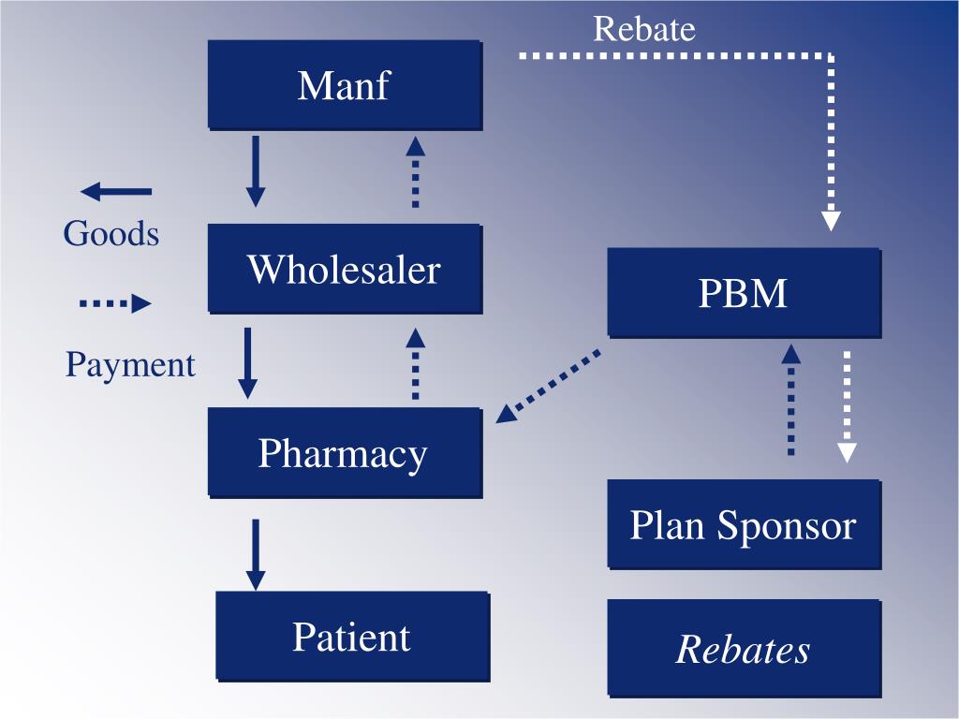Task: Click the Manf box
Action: (x=344, y=84)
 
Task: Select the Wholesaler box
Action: (x=344, y=269)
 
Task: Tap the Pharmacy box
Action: (x=344, y=452)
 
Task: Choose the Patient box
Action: (x=351, y=636)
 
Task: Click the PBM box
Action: (x=744, y=292)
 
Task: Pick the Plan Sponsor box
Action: (x=744, y=524)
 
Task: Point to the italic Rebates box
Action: (x=744, y=648)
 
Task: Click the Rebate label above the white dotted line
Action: (x=644, y=29)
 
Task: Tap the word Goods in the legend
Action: (x=111, y=233)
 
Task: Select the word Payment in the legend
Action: (x=130, y=364)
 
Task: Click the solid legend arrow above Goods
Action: (x=116, y=192)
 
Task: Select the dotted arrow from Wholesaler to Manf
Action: (x=415, y=171)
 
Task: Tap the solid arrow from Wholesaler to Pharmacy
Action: (x=248, y=363)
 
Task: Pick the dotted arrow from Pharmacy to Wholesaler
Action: (x=415, y=363)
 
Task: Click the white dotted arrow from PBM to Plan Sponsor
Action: (x=847, y=406)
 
